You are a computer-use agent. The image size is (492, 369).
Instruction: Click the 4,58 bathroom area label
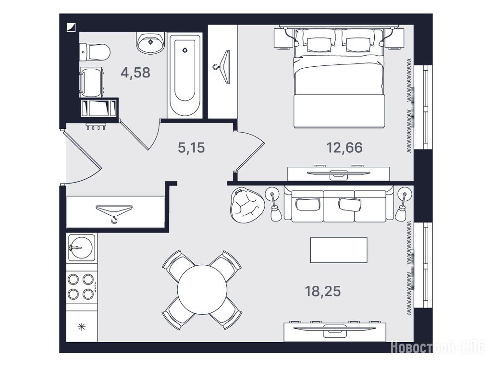(135, 73)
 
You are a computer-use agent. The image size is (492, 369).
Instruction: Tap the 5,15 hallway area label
(191, 148)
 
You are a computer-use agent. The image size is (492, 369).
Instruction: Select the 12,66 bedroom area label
(344, 148)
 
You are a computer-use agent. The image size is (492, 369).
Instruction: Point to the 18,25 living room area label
(323, 291)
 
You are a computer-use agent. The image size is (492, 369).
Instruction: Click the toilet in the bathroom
(95, 52)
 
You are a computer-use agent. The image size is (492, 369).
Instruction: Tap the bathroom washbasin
(150, 43)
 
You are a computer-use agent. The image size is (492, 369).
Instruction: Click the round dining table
(202, 290)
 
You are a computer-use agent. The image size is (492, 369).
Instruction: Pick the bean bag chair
(247, 205)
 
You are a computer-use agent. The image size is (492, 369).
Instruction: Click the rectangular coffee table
(339, 250)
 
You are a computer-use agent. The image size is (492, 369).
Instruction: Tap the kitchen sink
(81, 247)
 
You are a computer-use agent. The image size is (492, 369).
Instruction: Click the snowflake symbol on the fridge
(82, 327)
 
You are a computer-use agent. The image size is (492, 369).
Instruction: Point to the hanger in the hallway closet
(114, 212)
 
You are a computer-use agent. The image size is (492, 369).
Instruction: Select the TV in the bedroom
(338, 173)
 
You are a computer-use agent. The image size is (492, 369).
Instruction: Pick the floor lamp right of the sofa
(403, 205)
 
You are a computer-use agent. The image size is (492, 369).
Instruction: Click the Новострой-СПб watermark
(438, 348)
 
